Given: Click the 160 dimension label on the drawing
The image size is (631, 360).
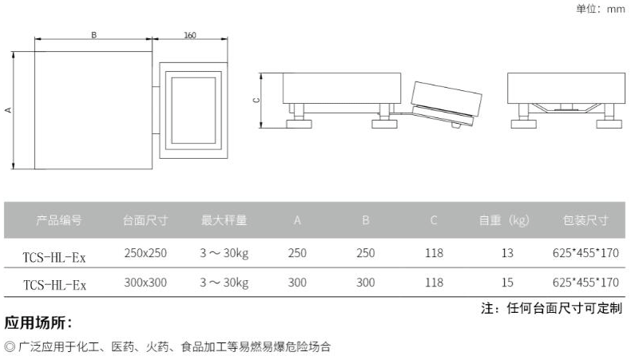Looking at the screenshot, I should pyautogui.click(x=190, y=35).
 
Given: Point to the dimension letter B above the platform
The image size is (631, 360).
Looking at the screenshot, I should pyautogui.click(x=93, y=35).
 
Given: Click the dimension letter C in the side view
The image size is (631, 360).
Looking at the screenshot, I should pyautogui.click(x=256, y=101).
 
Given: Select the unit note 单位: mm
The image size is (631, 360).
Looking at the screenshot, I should pyautogui.click(x=598, y=10).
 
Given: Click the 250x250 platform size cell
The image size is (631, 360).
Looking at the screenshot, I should pyautogui.click(x=145, y=253).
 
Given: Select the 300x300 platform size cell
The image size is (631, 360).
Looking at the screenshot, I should pyautogui.click(x=145, y=283).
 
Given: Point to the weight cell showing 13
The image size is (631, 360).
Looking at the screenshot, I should pyautogui.click(x=507, y=253).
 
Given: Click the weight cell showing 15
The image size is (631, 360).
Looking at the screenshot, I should pyautogui.click(x=507, y=283).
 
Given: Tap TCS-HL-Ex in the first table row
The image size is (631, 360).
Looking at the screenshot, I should pyautogui.click(x=55, y=255).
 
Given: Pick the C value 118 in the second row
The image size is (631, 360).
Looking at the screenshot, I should pyautogui.click(x=434, y=283).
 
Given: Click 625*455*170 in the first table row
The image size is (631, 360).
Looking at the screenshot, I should pyautogui.click(x=585, y=253).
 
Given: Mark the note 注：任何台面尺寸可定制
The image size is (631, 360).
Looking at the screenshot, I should pyautogui.click(x=551, y=308).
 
